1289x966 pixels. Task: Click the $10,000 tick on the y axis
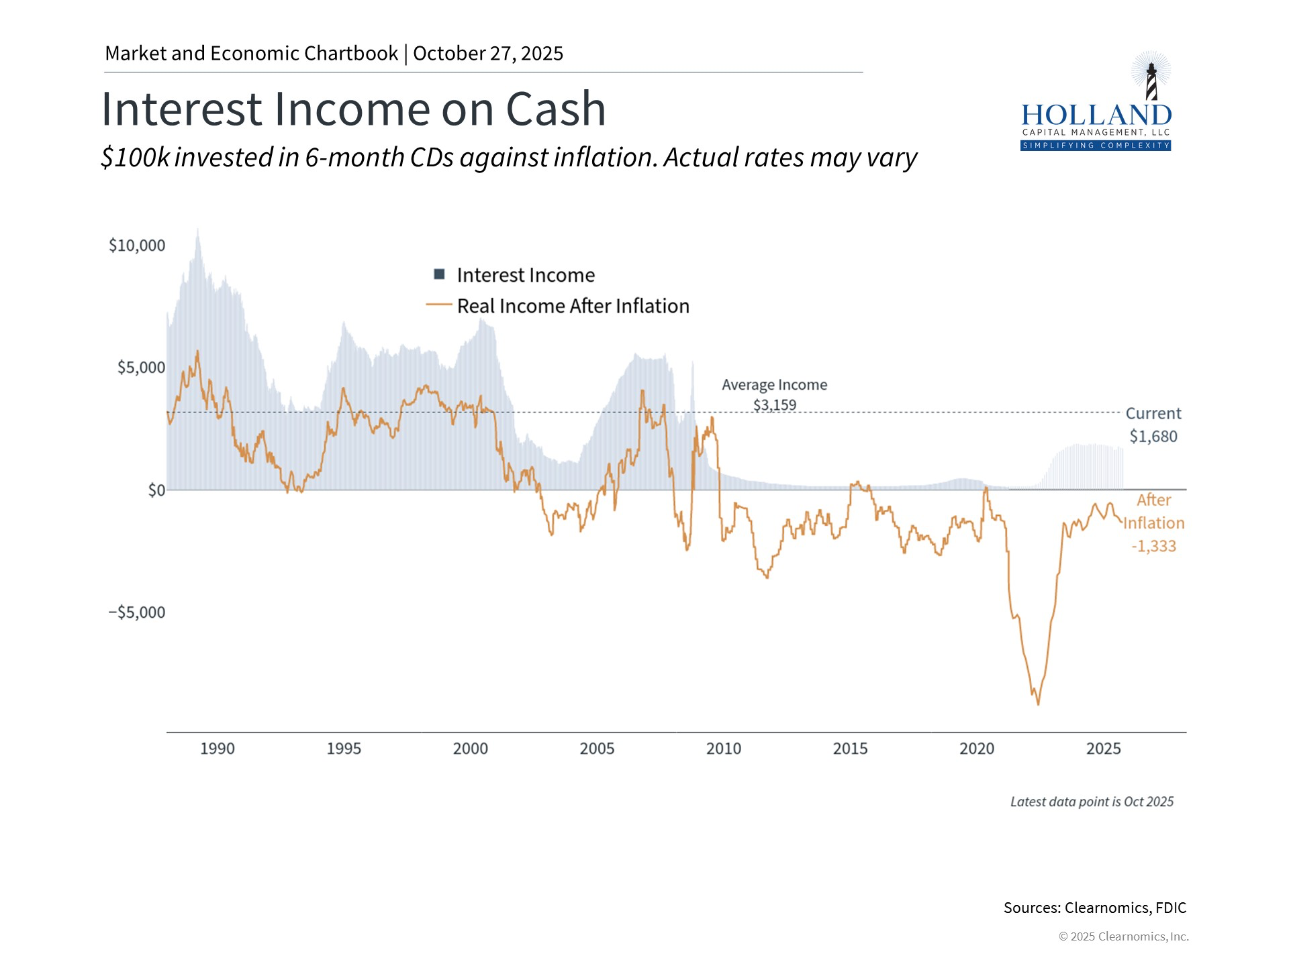(137, 246)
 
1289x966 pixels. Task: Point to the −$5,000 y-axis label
(137, 612)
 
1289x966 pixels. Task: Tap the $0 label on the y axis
(156, 490)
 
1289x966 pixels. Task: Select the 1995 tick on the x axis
(344, 749)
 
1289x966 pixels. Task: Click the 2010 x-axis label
(723, 749)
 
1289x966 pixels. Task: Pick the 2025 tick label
(1103, 749)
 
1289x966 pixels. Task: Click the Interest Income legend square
(440, 274)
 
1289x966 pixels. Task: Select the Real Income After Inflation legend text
(573, 306)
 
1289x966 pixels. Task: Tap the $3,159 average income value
(774, 405)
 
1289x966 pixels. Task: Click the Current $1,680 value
(1153, 437)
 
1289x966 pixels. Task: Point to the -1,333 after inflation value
(1153, 546)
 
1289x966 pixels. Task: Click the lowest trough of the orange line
(1038, 704)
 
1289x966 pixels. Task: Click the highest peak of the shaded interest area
(197, 230)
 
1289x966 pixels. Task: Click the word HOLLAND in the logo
(1096, 115)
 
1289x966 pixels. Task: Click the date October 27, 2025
(488, 54)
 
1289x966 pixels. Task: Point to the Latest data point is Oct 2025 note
(1092, 802)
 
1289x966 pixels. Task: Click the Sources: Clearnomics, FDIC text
(1094, 908)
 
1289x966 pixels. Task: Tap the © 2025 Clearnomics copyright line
(1123, 936)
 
